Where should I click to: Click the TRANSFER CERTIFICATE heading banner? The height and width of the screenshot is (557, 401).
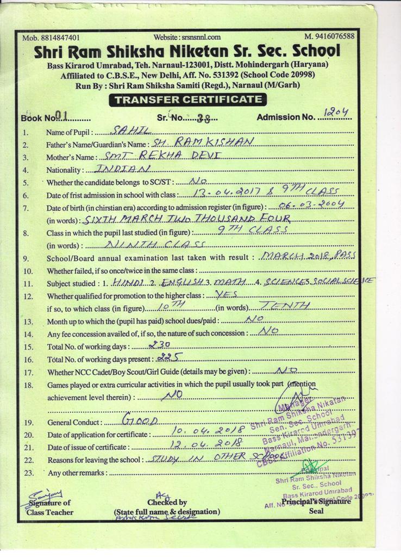[x=187, y=100]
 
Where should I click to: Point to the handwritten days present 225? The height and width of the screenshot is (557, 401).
[x=168, y=357]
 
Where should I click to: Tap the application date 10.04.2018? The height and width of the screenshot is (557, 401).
[x=200, y=432]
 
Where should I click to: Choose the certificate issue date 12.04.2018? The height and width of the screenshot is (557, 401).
[x=200, y=445]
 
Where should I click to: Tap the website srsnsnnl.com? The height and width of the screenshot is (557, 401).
[x=195, y=38]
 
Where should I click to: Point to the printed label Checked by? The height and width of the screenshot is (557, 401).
[x=167, y=503]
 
